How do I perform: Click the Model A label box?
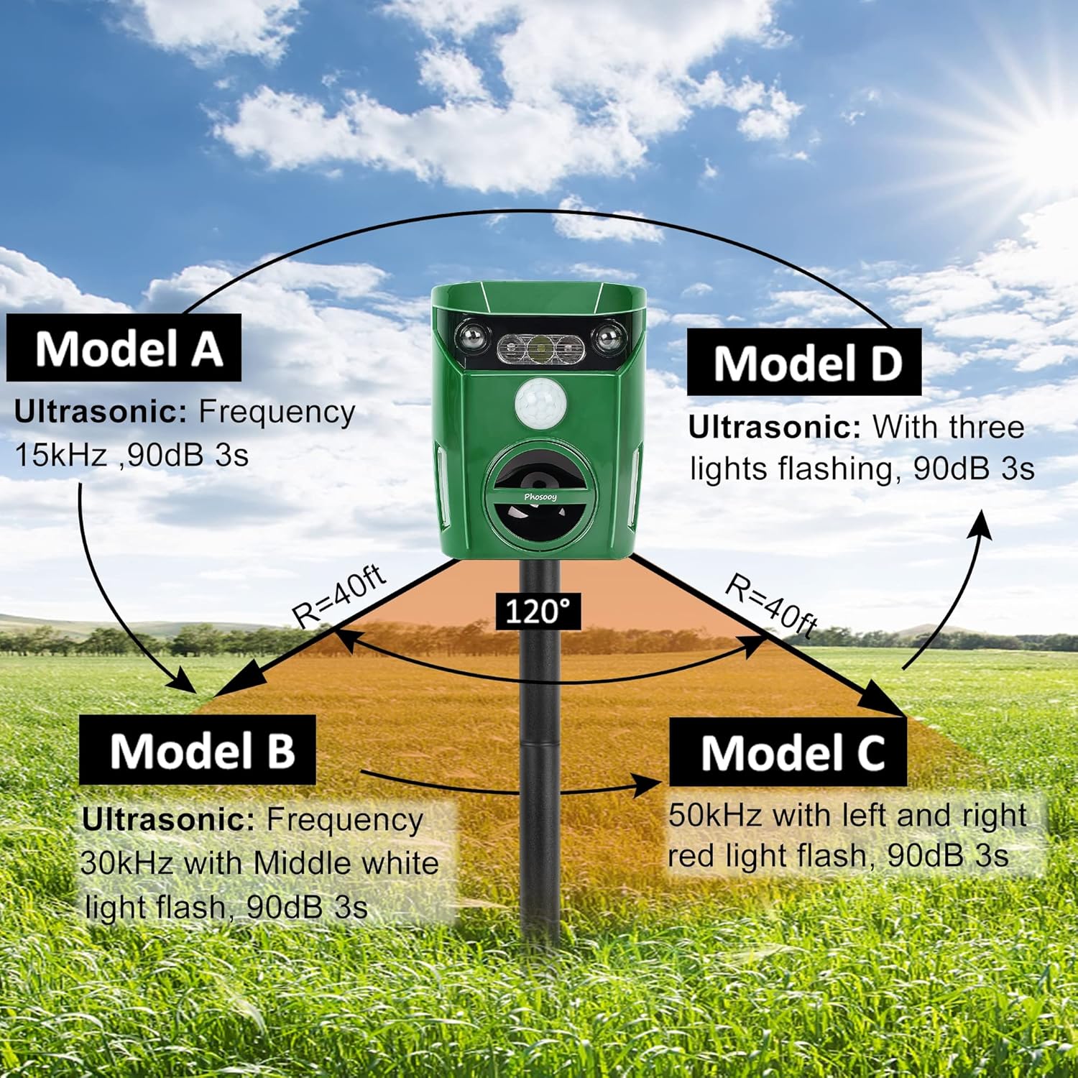point(124,348)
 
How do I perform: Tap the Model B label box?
point(198,750)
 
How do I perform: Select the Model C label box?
point(788,753)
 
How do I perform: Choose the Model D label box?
point(804,363)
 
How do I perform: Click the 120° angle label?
point(538,611)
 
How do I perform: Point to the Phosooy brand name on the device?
point(540,497)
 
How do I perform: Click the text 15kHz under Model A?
point(60,456)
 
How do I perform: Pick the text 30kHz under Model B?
point(126,863)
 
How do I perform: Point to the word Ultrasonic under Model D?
point(775,428)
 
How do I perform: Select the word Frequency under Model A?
point(277,412)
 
